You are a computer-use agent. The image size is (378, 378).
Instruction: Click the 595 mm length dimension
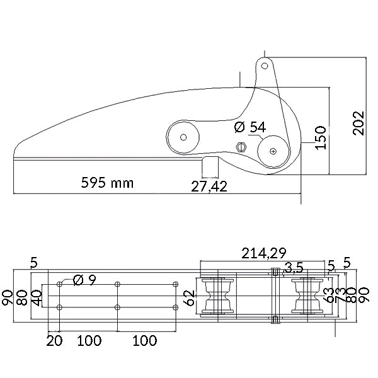[107, 183]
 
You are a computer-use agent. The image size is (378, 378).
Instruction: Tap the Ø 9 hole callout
[84, 280]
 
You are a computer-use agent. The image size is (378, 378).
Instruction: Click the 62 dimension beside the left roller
[189, 297]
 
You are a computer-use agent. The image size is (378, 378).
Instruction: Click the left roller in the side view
[183, 137]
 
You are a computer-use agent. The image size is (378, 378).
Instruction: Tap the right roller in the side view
[272, 151]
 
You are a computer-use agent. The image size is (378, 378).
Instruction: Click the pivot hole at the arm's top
[265, 66]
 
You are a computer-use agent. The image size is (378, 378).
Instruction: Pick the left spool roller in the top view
[217, 296]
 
